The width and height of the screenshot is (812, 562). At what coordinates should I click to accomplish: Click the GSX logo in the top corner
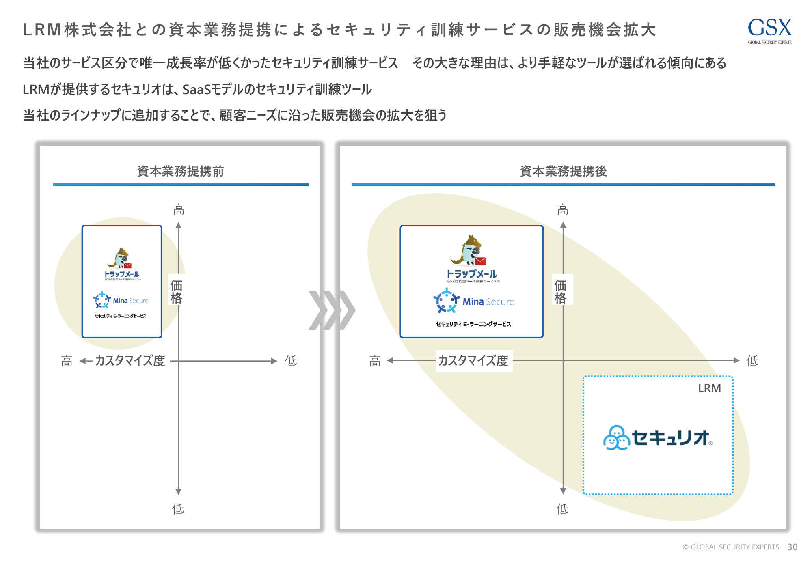coord(769,30)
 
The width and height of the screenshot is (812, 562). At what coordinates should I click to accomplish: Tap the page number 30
coord(792,547)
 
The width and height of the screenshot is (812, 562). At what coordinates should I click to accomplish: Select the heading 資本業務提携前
coord(180,171)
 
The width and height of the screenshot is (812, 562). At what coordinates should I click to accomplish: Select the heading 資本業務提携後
coord(563,171)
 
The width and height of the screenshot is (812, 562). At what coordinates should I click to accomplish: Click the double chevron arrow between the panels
coord(332,310)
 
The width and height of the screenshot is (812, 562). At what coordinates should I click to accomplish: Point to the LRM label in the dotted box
coord(709,388)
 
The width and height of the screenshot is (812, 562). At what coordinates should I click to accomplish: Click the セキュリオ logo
coord(658,437)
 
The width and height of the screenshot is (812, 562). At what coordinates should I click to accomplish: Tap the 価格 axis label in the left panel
coord(176,291)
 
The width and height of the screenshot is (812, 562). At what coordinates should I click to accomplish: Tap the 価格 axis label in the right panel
coord(560,291)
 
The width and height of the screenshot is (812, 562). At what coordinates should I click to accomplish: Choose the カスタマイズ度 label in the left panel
coord(130,360)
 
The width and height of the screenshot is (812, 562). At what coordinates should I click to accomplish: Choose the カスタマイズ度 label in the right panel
coord(473,360)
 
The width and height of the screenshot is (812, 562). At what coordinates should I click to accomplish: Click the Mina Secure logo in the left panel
coord(121,300)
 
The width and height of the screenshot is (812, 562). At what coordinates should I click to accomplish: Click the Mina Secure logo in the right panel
coord(473,301)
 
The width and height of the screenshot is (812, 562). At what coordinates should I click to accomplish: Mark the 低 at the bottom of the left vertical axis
coord(178,508)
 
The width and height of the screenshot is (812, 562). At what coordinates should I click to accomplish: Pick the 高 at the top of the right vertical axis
coord(563,209)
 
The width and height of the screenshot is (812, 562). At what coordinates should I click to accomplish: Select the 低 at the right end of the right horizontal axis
coord(752,360)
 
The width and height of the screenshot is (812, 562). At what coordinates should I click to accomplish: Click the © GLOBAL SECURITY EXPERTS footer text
coord(731,547)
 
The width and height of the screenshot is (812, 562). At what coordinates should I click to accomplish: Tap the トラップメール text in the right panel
coord(471,274)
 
